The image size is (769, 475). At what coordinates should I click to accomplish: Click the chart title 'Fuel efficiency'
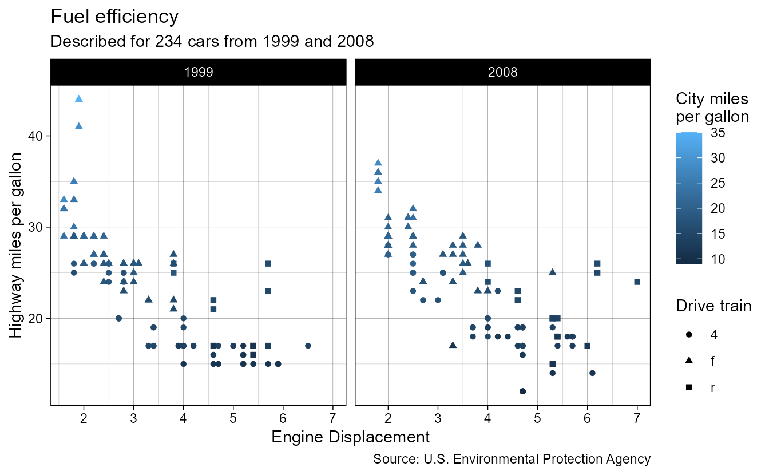point(114,17)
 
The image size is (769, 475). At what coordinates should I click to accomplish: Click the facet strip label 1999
point(198,72)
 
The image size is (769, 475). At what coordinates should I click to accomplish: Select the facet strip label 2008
point(502,72)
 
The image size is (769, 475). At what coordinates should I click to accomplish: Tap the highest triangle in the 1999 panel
point(79,98)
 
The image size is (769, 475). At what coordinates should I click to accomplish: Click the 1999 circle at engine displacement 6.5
point(308,346)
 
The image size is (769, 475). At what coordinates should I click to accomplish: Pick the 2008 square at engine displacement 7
point(637,282)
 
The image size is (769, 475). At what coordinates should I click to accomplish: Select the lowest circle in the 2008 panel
point(522,391)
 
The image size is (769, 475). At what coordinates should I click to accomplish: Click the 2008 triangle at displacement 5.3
point(552,272)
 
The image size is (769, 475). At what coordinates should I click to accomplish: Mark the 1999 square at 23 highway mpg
point(268,291)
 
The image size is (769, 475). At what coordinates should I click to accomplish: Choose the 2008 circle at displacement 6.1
point(592,373)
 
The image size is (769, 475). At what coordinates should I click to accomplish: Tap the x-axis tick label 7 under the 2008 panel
point(637,417)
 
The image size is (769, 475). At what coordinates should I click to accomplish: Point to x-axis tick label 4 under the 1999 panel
point(183,417)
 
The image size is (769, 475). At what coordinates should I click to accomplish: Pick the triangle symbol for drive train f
point(689,361)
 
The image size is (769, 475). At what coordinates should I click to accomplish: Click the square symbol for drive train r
point(689,387)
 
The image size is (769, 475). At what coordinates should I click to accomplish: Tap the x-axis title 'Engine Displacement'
point(350,437)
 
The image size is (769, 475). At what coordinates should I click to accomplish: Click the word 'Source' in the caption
point(391,459)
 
